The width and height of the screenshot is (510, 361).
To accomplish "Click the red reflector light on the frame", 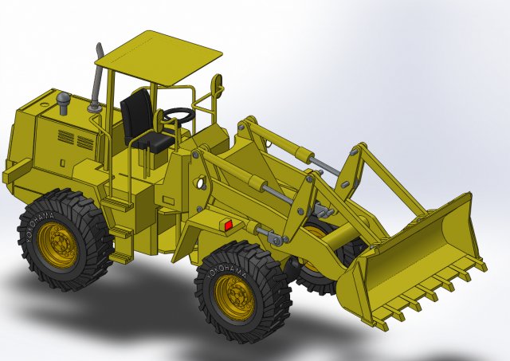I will pyautogui.click(x=228, y=226).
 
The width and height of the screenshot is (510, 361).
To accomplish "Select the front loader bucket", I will pyautogui.click(x=422, y=247).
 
